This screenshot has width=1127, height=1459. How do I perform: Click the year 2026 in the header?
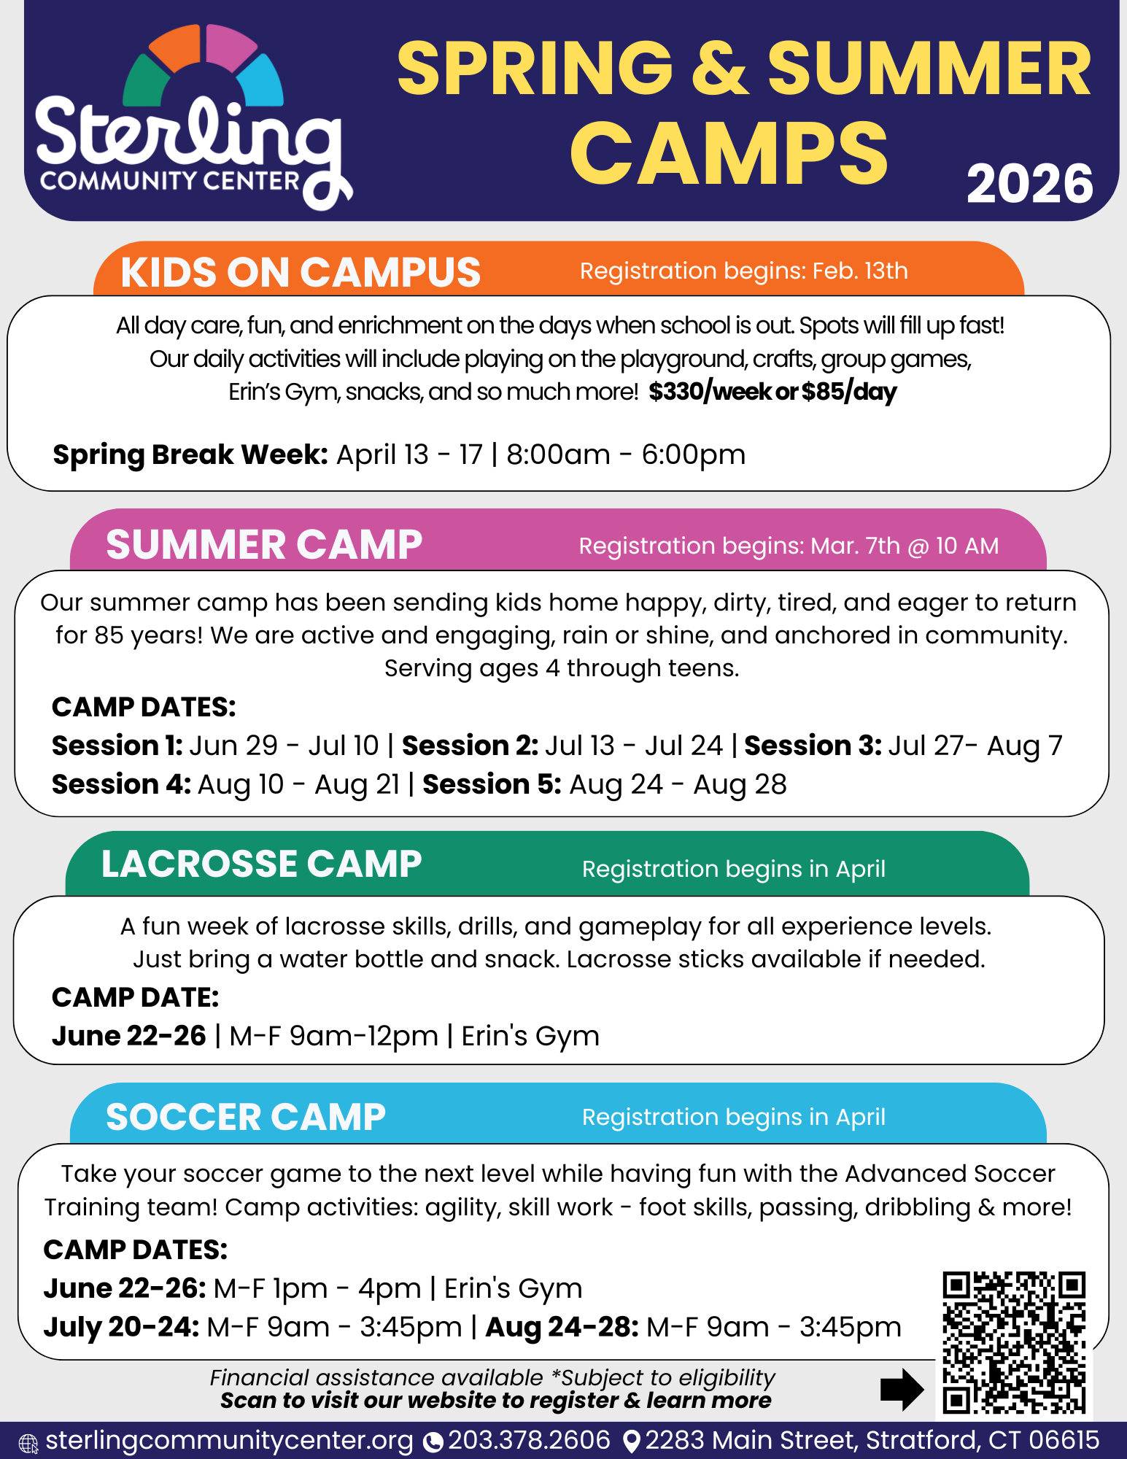coord(1029,184)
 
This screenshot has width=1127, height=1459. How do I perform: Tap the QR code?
coord(1014,1342)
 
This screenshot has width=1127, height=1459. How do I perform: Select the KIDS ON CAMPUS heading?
coord(301,273)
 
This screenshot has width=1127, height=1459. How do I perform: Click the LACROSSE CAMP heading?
coord(261,864)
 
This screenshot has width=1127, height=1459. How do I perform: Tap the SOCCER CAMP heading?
coord(246,1117)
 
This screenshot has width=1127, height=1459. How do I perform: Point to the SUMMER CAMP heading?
coord(264,545)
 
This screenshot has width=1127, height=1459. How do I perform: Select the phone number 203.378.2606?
coord(529,1440)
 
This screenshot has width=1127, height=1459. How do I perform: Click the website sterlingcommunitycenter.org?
coord(229,1440)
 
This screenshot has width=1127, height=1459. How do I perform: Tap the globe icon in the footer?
coord(28,1443)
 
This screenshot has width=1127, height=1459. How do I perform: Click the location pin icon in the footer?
coord(632,1441)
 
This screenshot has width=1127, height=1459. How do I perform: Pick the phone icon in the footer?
coord(433,1442)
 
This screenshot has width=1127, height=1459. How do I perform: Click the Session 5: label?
coord(492,784)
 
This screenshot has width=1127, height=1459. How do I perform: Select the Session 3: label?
coord(813,746)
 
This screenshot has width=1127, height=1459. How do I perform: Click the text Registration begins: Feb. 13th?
coord(743,271)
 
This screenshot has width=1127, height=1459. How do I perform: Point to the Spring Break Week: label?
coord(190,454)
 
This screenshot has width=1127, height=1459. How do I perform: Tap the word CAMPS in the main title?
coord(729,155)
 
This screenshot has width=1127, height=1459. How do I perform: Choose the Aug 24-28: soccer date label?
coord(562,1327)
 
